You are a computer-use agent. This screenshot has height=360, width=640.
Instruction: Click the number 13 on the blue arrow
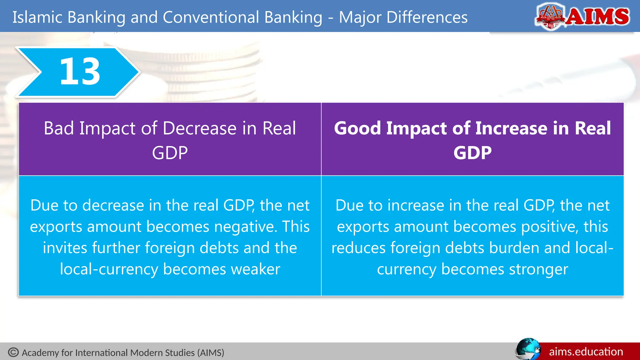pyautogui.click(x=80, y=72)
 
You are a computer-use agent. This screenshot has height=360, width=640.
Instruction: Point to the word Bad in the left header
pyautogui.click(x=59, y=128)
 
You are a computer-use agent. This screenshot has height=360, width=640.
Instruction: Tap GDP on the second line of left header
pyautogui.click(x=170, y=153)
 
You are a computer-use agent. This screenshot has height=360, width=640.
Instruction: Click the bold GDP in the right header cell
pyautogui.click(x=472, y=153)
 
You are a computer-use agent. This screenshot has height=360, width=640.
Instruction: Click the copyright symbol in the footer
pyautogui.click(x=13, y=352)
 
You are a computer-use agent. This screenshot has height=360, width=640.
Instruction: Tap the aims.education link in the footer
pyautogui.click(x=586, y=352)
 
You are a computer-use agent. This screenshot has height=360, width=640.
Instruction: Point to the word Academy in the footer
pyautogui.click(x=40, y=353)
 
